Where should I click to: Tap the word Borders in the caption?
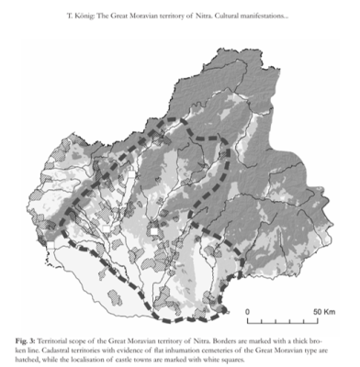pyautogui.click(x=218, y=340)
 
